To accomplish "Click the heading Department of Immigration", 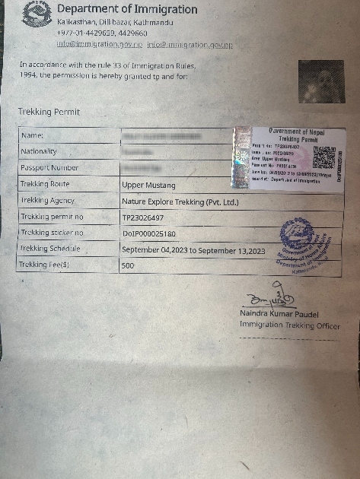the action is [127, 10].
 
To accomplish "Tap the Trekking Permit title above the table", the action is [49, 112].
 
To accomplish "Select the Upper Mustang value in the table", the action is [148, 185].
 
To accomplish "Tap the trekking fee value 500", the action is [128, 266].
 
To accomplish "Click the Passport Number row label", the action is [49, 168].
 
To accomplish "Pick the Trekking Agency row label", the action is [48, 201].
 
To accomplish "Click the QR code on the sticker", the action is [323, 157].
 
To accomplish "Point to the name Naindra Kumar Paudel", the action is [287, 313].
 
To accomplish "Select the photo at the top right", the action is [320, 82].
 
